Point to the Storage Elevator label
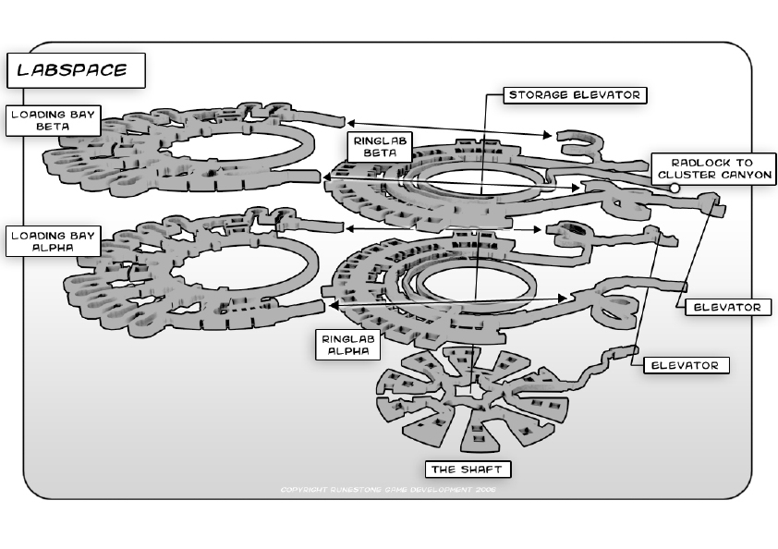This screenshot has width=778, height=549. coord(574,94)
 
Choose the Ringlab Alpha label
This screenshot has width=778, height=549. coord(346,345)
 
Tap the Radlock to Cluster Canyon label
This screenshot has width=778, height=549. coord(711,167)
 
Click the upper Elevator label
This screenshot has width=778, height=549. coord(727,307)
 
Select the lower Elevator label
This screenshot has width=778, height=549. coord(685,365)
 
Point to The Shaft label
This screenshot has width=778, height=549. coord(468,469)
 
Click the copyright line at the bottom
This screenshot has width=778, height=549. coord(388,489)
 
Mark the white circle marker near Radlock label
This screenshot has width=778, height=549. coord(675,189)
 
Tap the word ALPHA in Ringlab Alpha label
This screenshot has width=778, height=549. coord(346,352)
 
